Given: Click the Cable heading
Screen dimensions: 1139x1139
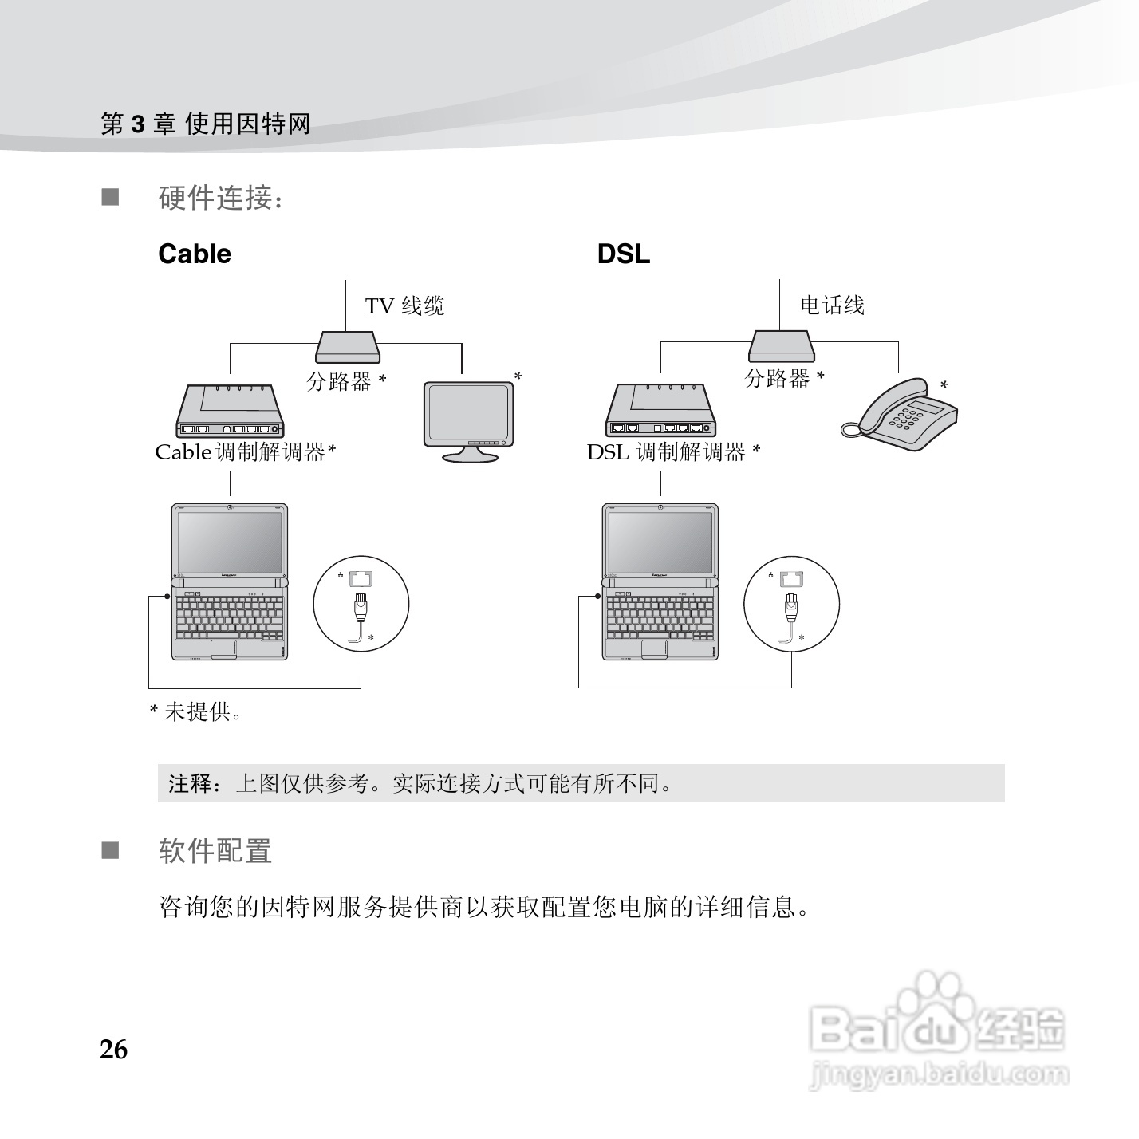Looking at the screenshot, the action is click(x=195, y=254).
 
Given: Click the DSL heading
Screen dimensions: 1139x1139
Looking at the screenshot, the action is click(x=623, y=254).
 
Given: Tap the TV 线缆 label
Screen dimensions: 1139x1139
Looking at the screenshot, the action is click(x=404, y=306).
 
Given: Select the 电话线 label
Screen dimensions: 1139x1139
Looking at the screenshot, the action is click(x=832, y=305).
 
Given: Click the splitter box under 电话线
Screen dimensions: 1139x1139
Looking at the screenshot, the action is click(x=780, y=346).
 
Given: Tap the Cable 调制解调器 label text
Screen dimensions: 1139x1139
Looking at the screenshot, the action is click(x=245, y=452).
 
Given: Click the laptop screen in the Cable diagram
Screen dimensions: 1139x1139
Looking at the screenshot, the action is click(x=230, y=539).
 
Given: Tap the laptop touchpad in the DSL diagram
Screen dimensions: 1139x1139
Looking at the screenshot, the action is click(x=654, y=648).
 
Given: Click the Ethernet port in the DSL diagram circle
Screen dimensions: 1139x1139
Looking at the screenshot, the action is click(x=792, y=578).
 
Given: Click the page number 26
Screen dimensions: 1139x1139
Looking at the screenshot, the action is click(x=113, y=1050).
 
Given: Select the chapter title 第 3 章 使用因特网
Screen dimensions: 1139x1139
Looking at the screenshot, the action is click(x=205, y=124).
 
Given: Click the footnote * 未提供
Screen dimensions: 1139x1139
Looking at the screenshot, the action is click(x=196, y=711).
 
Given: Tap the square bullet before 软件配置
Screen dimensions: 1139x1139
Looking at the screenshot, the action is click(x=109, y=851).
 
